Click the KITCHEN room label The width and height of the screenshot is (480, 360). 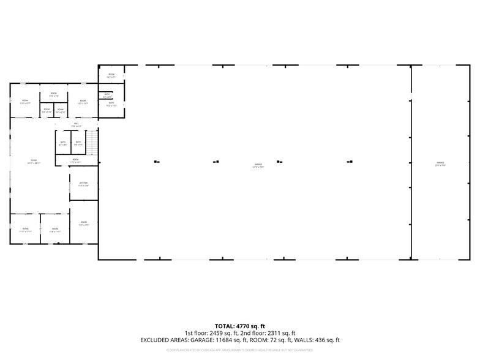(83, 184)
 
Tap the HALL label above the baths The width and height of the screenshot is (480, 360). (77, 125)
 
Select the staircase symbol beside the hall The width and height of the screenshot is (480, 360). (91, 144)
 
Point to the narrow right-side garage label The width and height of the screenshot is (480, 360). (440, 164)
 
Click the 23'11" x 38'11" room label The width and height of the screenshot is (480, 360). (33, 162)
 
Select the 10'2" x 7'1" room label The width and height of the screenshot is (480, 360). (111, 76)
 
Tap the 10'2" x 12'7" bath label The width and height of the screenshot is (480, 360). (111, 104)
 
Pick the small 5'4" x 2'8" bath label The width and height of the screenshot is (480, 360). (107, 96)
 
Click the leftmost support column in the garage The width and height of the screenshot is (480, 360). (156, 162)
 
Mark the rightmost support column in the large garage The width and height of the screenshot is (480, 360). (349, 162)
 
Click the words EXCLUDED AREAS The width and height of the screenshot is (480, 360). (162, 340)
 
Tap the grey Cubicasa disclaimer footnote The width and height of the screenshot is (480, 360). (240, 350)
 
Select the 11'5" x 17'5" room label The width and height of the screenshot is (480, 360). (83, 223)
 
